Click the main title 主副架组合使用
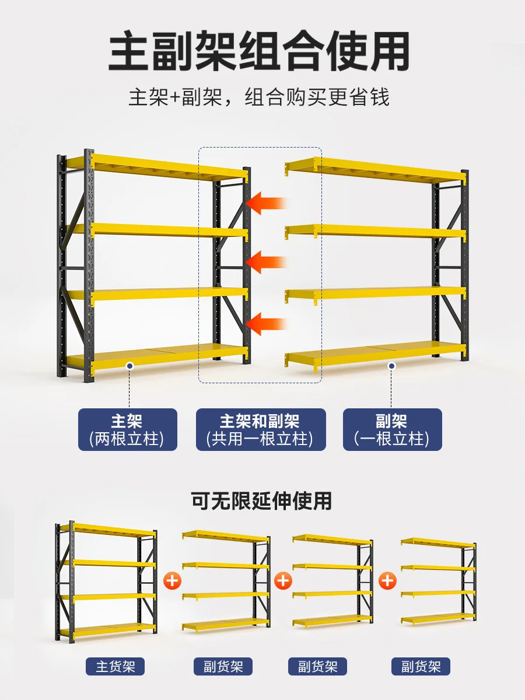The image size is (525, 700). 259,52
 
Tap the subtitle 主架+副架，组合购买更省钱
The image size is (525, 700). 259,97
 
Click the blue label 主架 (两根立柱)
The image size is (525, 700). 128,429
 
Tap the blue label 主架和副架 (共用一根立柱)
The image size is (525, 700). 260,429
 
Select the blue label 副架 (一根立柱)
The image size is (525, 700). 392,429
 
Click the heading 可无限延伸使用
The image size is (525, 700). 262,501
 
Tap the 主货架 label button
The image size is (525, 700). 116,666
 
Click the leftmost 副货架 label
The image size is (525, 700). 223,666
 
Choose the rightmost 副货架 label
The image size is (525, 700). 421,666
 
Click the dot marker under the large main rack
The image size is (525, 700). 129,366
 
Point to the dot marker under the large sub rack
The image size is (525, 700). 392,366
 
